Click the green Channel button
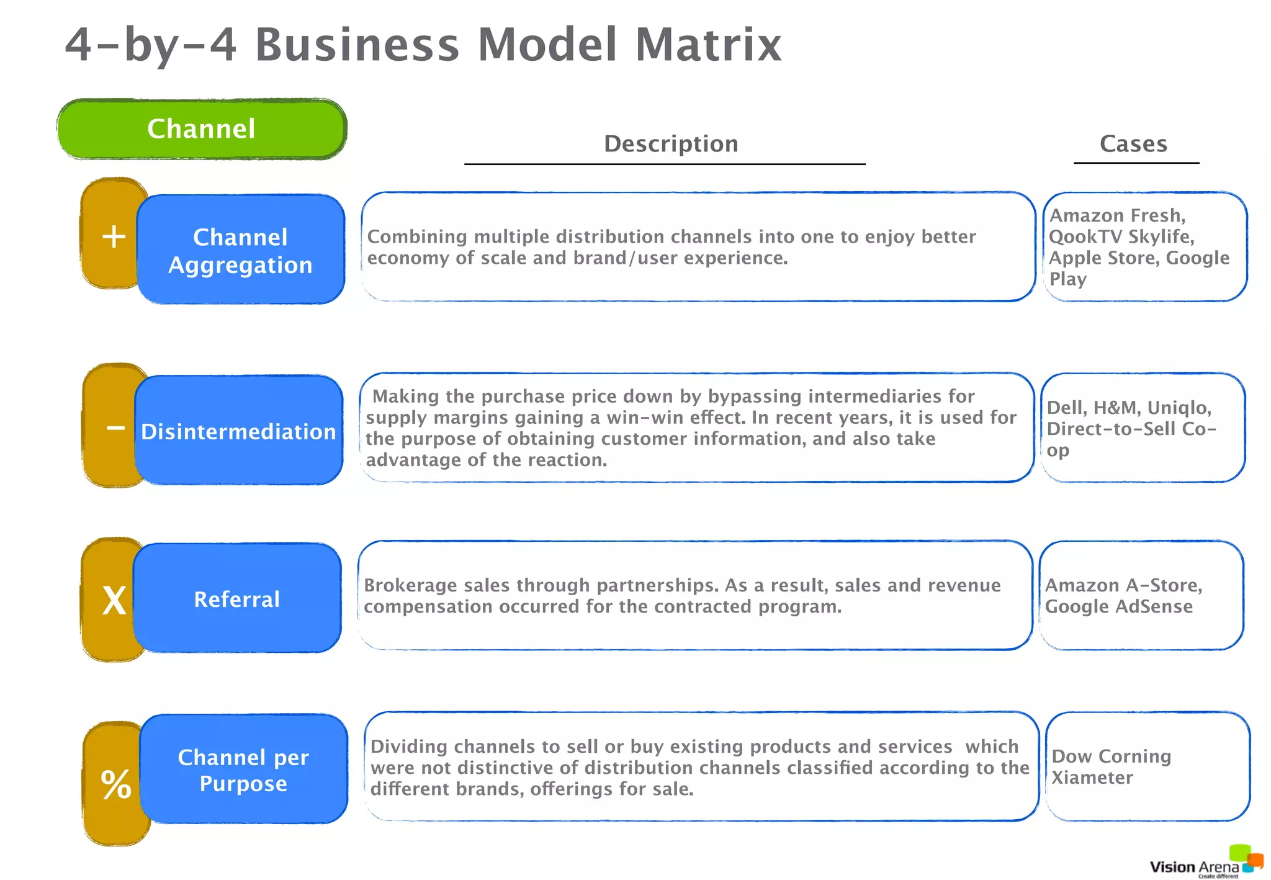pyautogui.click(x=202, y=129)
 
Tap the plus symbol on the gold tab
pyautogui.click(x=114, y=236)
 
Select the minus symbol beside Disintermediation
pyautogui.click(x=115, y=428)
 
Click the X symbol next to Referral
pyautogui.click(x=114, y=601)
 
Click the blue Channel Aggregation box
pyautogui.click(x=240, y=250)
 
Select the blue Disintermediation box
pyautogui.click(x=238, y=431)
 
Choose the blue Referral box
pyautogui.click(x=237, y=599)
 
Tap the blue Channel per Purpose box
pyautogui.click(x=243, y=770)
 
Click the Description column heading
pyautogui.click(x=671, y=144)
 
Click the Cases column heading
pyautogui.click(x=1133, y=144)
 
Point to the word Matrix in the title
pyautogui.click(x=708, y=45)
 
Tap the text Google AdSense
pyautogui.click(x=1118, y=606)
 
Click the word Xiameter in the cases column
pyautogui.click(x=1092, y=778)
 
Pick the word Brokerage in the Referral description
pyautogui.click(x=406, y=585)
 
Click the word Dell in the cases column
pyautogui.click(x=1066, y=408)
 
